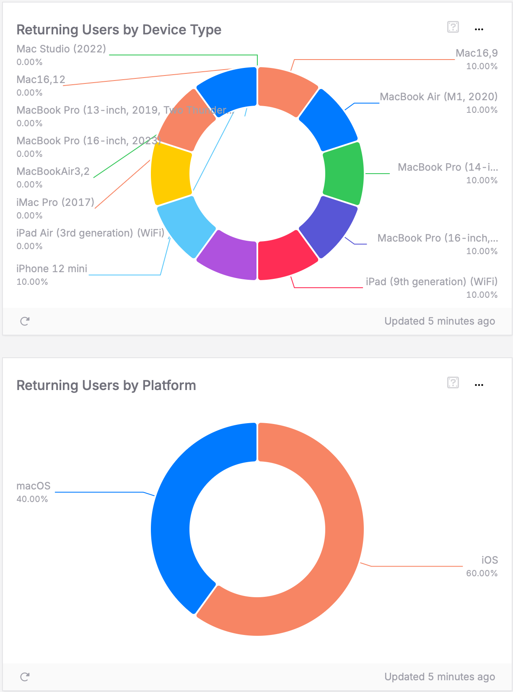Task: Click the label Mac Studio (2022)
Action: click(x=61, y=49)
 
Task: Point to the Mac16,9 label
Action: click(x=477, y=53)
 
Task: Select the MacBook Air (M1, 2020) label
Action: click(x=438, y=97)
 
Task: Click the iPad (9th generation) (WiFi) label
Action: click(x=432, y=282)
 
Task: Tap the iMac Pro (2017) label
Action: click(x=55, y=203)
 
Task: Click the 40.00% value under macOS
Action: click(x=32, y=499)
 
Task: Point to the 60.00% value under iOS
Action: click(x=482, y=573)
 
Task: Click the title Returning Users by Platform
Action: click(x=106, y=385)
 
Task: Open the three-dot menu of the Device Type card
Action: click(x=479, y=29)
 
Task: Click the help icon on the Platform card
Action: click(x=453, y=382)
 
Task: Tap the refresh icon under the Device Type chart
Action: click(x=25, y=321)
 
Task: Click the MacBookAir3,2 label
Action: click(x=53, y=172)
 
